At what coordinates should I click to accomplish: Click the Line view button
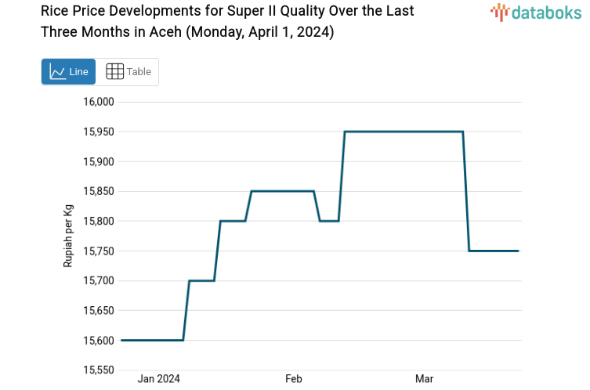pos(68,71)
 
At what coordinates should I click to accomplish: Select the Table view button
pos(128,71)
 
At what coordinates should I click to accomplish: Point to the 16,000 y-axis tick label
pos(99,102)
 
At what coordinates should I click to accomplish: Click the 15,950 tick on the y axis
pos(99,132)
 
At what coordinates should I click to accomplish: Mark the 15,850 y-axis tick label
pos(99,191)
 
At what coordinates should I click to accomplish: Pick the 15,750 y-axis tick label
pos(99,251)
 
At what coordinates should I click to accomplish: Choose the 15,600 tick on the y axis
pos(99,340)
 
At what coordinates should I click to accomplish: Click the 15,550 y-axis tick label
pos(99,370)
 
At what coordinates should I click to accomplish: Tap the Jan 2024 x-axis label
pos(158,379)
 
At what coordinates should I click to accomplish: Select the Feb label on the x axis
pos(294,379)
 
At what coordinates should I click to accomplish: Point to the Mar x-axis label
pos(424,379)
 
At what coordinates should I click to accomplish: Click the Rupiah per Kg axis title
pos(68,236)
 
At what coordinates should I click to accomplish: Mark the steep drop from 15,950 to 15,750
pos(466,191)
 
